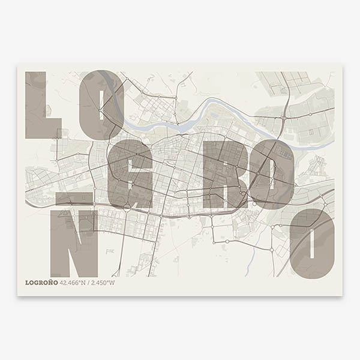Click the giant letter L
point(36,105)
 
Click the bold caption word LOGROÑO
point(41,283)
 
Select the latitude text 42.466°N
point(73,283)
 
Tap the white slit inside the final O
point(311,244)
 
